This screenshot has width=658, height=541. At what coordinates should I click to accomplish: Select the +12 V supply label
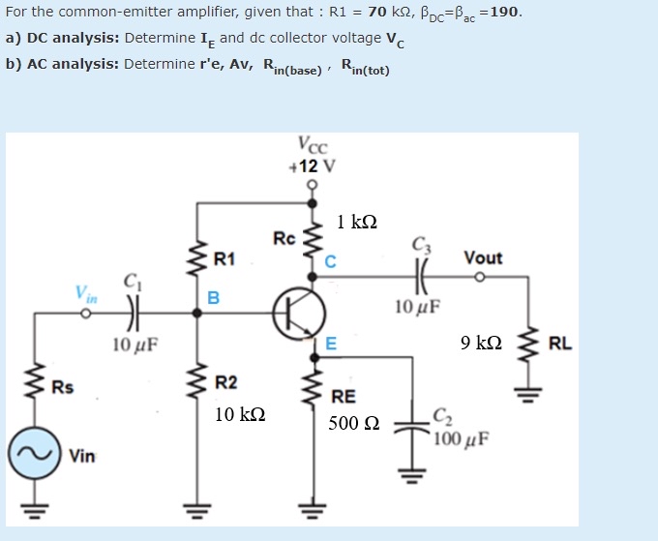pos(313,165)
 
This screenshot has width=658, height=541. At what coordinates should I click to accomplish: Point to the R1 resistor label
pos(224,258)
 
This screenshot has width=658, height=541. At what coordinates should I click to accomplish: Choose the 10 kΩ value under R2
pos(239,414)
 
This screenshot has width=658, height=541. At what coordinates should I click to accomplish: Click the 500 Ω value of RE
pos(353,423)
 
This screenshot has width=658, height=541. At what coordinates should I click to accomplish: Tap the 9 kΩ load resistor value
pos(481,343)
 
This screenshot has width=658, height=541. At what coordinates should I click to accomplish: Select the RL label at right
pos(560,343)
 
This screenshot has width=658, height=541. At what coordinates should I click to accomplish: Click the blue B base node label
pos(214,296)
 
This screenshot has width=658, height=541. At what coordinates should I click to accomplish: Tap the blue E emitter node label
pos(331,343)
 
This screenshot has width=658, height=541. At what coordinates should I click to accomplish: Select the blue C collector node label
pos(330,260)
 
